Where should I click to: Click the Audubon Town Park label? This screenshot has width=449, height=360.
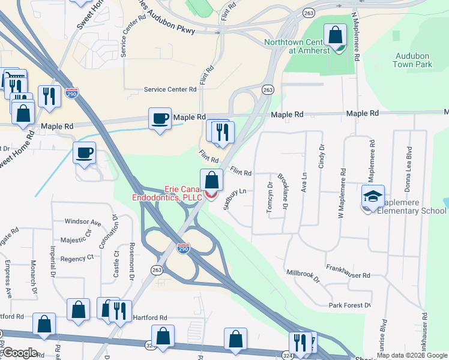tap(414, 59)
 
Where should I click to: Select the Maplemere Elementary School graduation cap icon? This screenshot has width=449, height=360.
tap(372, 197)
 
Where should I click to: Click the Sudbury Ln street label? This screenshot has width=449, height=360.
tap(235, 199)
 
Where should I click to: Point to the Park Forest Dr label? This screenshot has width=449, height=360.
tap(350, 305)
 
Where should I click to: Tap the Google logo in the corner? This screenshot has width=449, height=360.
tap(19, 353)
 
